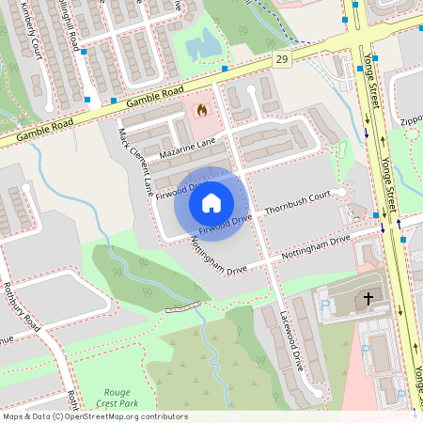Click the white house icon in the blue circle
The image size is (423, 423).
[211, 202]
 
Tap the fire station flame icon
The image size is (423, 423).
[200, 109]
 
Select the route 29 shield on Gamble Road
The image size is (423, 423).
[281, 60]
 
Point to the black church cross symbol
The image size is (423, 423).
[368, 298]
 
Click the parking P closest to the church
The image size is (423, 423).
[325, 305]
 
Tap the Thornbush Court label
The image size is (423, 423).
[299, 203]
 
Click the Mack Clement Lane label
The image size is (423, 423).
[135, 162]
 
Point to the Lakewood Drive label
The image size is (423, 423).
[292, 339]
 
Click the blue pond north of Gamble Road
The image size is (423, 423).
[203, 43]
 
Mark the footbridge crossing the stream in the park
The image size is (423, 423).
[183, 306]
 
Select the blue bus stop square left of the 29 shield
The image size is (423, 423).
[225, 69]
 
